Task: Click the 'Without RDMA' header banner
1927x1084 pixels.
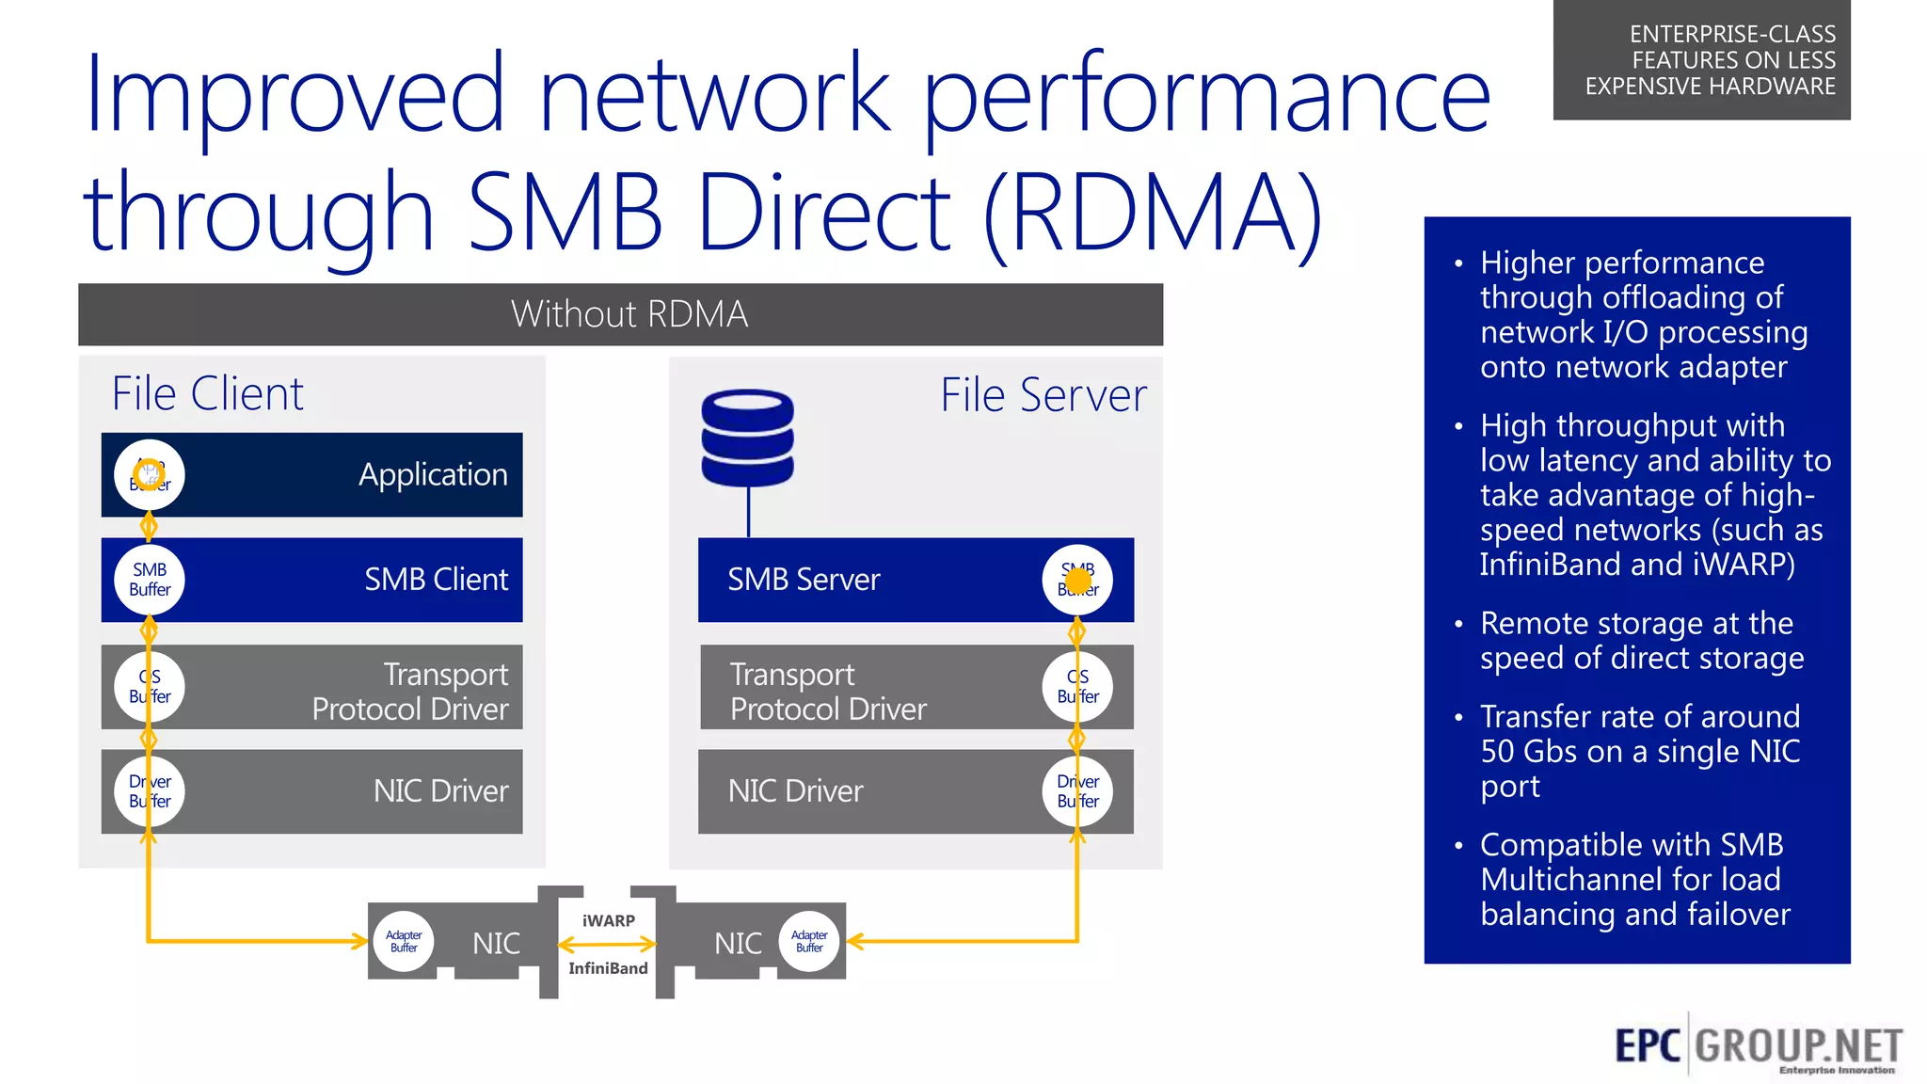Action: click(x=629, y=314)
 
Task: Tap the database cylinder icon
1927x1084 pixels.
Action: click(x=748, y=438)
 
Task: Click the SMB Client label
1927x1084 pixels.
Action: click(x=436, y=580)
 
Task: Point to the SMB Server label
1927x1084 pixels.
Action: click(x=804, y=580)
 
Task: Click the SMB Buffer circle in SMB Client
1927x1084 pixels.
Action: click(x=150, y=580)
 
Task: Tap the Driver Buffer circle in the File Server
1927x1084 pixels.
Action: click(x=1077, y=791)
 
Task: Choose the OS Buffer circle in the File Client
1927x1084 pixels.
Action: click(x=150, y=686)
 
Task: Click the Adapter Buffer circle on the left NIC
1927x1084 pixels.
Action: click(x=404, y=941)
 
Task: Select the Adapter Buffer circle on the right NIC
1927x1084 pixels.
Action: click(x=809, y=941)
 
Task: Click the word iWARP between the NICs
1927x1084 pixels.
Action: click(x=608, y=920)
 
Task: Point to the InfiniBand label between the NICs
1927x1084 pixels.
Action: click(x=608, y=968)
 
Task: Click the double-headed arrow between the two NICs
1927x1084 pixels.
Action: click(x=607, y=944)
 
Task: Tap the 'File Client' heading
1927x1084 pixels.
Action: click(x=207, y=393)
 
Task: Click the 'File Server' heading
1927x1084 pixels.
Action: click(x=1043, y=395)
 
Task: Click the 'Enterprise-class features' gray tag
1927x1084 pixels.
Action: click(x=1701, y=60)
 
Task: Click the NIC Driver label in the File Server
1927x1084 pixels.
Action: click(x=795, y=791)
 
